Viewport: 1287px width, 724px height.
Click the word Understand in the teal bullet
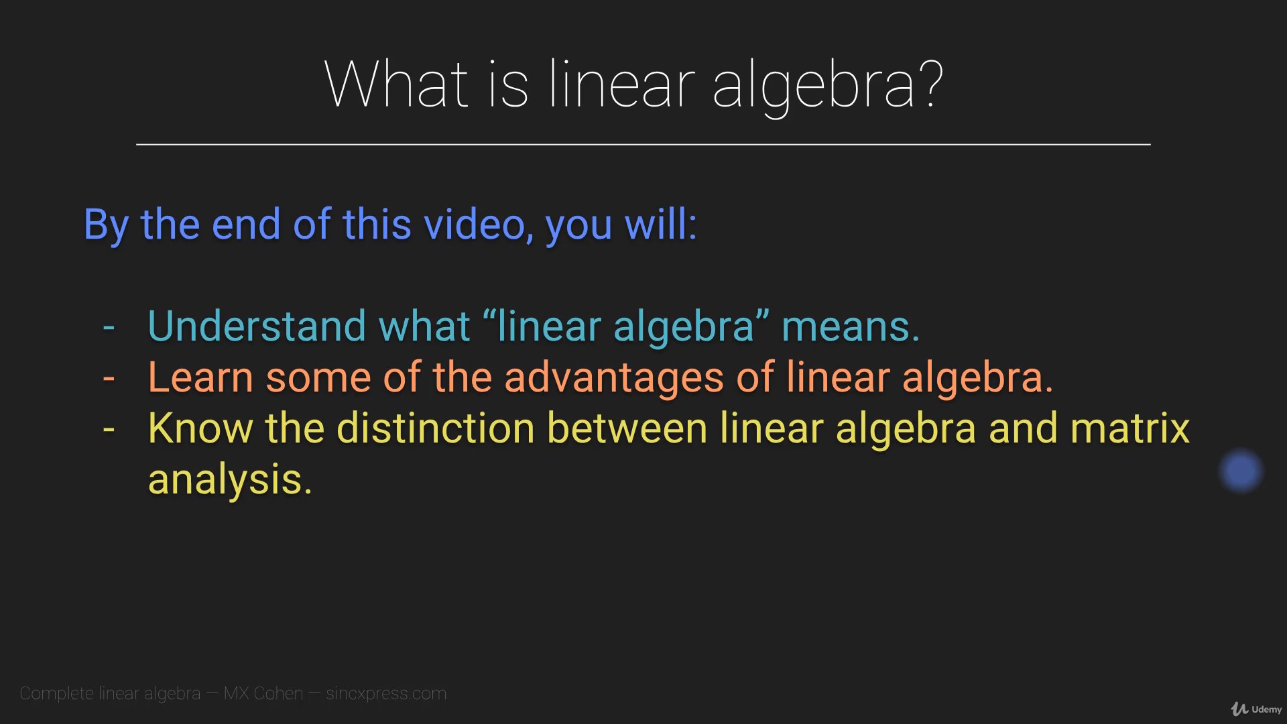click(x=257, y=326)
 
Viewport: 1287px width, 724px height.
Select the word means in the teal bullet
click(x=851, y=326)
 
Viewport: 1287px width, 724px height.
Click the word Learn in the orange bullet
click(x=200, y=377)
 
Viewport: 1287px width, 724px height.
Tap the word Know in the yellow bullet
click(x=200, y=428)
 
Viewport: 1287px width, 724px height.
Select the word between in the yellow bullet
click(x=627, y=428)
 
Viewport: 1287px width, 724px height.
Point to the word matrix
click(x=1130, y=428)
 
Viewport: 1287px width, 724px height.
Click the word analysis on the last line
click(x=230, y=480)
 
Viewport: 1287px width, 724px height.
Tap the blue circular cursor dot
click(x=1241, y=471)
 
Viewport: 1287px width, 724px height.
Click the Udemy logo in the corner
click(x=1256, y=709)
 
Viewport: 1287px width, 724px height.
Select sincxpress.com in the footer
click(x=386, y=693)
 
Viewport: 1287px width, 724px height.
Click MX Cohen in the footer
click(x=263, y=693)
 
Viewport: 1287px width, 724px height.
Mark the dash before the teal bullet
click(x=109, y=328)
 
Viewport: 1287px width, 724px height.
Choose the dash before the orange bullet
click(x=109, y=379)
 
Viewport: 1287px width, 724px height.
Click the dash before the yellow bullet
click(x=109, y=430)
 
